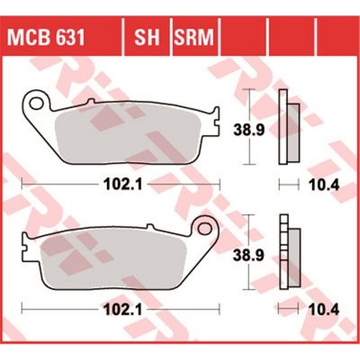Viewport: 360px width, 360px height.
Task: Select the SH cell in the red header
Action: tap(148, 37)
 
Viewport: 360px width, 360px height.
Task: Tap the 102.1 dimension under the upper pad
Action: tap(114, 186)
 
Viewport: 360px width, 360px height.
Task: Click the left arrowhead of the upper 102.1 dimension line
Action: tap(23, 186)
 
